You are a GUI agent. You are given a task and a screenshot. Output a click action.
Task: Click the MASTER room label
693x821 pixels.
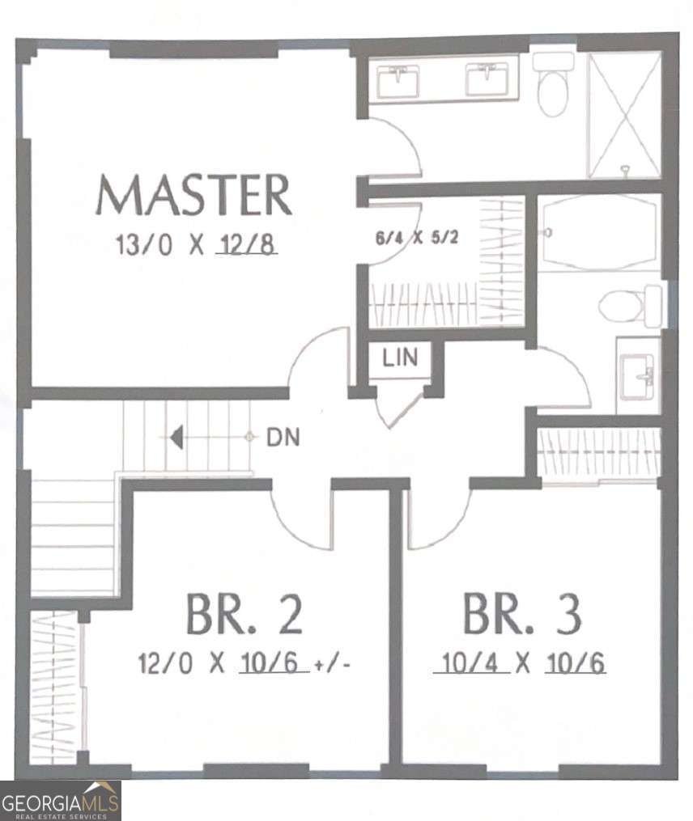point(193,195)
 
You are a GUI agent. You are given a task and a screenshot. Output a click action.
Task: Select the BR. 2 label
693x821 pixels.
point(244,615)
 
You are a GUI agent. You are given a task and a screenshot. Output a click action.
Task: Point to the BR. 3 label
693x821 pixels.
point(521,615)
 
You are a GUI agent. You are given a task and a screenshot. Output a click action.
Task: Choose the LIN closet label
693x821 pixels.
point(400,358)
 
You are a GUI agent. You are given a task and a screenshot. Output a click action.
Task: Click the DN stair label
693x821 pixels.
point(283,438)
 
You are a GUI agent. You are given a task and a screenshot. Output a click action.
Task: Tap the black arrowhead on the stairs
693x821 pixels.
point(176,438)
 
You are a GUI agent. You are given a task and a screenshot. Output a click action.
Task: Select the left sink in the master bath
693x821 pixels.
point(399,80)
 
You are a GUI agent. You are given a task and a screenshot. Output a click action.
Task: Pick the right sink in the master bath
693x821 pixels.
point(487,80)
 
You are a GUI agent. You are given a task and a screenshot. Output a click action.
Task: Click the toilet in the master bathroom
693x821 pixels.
point(554,86)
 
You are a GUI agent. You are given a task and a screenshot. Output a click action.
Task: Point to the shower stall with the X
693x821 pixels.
point(624,114)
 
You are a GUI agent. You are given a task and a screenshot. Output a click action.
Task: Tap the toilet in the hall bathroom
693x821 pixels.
point(631,306)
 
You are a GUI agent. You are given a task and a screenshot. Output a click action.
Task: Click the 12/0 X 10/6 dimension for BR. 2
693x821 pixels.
point(223,664)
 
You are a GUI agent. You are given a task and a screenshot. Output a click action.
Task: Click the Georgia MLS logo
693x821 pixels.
point(61,800)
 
